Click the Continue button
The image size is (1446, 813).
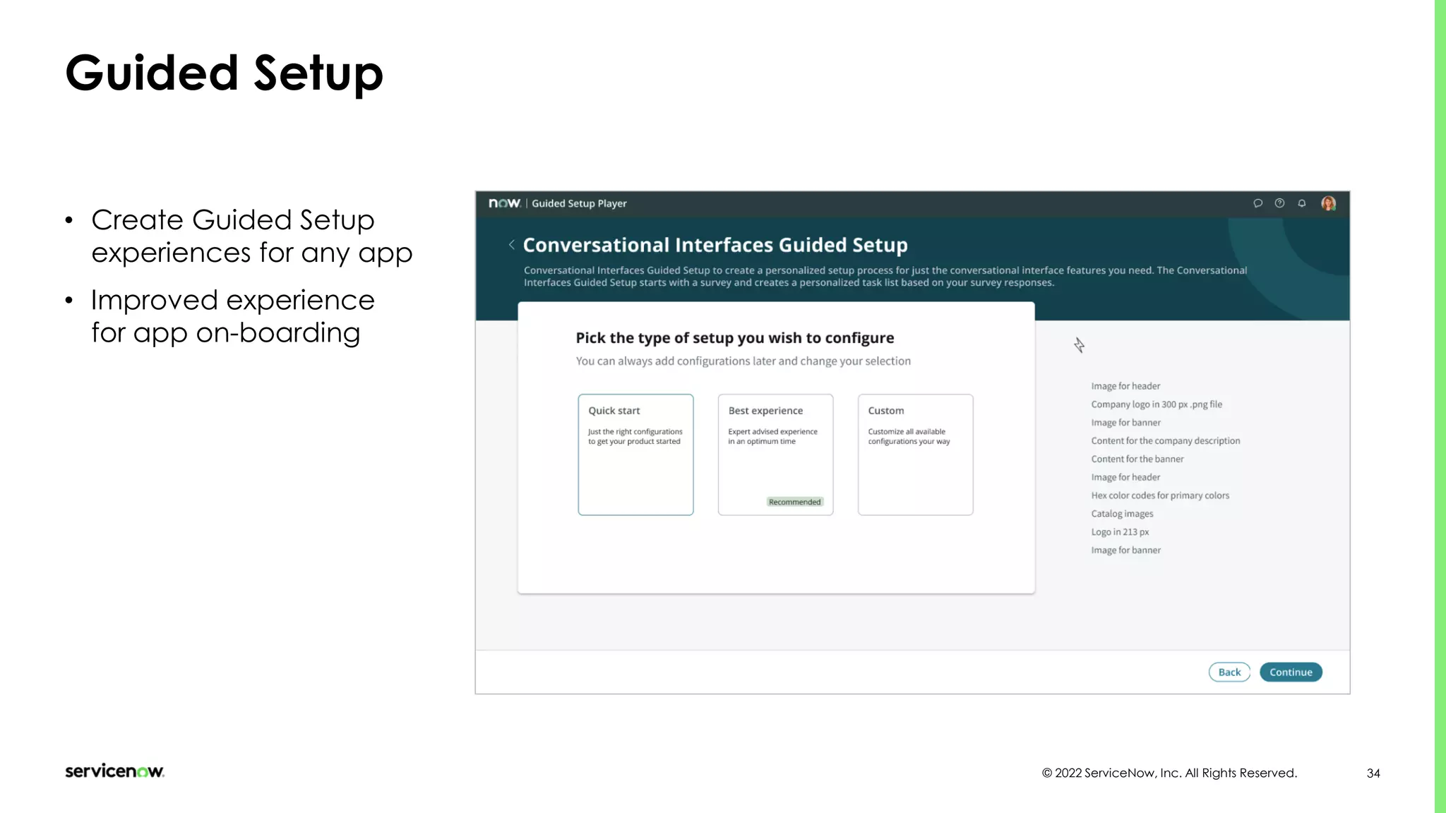tap(1291, 672)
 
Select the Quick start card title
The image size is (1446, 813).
tap(614, 411)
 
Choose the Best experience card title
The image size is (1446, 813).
tap(765, 411)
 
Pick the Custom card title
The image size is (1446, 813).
tap(886, 411)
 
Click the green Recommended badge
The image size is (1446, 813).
tap(795, 502)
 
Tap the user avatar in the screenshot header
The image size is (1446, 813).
tap(1328, 203)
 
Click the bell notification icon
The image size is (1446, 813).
tap(1302, 203)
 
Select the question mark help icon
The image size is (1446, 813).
tap(1279, 203)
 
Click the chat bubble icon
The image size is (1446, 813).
tap(1257, 203)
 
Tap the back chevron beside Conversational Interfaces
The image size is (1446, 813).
tap(511, 245)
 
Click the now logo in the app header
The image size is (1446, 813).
tap(504, 203)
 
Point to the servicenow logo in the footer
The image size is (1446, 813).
tap(114, 771)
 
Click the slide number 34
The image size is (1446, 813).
tap(1373, 773)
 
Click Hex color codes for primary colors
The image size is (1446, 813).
tap(1160, 495)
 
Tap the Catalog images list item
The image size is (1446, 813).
tap(1122, 514)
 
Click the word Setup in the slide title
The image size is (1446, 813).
tap(318, 73)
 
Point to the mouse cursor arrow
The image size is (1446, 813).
tap(1079, 344)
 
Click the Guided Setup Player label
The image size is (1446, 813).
tap(579, 203)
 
